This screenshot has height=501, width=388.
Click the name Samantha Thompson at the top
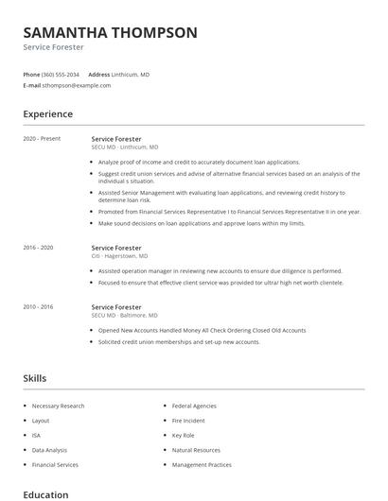pyautogui.click(x=110, y=32)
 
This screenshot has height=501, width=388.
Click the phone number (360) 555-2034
pyautogui.click(x=61, y=74)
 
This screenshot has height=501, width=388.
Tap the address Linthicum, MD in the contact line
pyautogui.click(x=131, y=74)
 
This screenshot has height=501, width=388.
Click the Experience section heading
pyautogui.click(x=47, y=114)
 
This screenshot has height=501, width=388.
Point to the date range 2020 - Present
pyautogui.click(x=42, y=139)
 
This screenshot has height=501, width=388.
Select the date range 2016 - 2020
pyautogui.click(x=40, y=248)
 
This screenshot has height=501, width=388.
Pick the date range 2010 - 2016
pyautogui.click(x=40, y=307)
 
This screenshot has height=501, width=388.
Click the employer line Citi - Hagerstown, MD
pyautogui.click(x=119, y=256)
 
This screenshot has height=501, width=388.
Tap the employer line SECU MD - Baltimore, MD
pyautogui.click(x=124, y=316)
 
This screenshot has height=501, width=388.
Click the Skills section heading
pyautogui.click(x=34, y=378)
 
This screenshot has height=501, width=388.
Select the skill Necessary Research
pyautogui.click(x=58, y=406)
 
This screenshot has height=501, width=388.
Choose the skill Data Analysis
pyautogui.click(x=49, y=450)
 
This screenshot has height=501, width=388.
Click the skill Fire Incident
pyautogui.click(x=188, y=421)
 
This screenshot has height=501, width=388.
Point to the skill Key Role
pyautogui.click(x=183, y=436)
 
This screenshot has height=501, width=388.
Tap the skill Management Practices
pyautogui.click(x=202, y=465)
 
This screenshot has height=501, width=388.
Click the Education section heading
pyautogui.click(x=45, y=494)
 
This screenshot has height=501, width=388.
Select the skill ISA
pyautogui.click(x=36, y=436)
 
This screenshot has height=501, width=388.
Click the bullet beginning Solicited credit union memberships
pyautogui.click(x=179, y=342)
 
